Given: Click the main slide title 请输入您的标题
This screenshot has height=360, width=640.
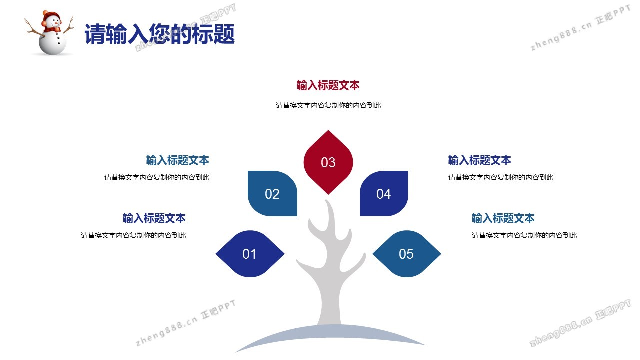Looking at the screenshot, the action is click(x=160, y=34).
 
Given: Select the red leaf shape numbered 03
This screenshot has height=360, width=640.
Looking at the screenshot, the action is click(x=328, y=162).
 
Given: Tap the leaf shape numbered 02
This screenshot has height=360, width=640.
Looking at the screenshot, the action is click(x=272, y=193).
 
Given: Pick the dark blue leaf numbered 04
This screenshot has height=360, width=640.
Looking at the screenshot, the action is click(x=384, y=193).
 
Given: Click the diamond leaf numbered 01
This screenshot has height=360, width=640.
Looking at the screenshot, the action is click(x=250, y=254).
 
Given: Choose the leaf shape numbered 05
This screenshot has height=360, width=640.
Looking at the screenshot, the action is click(x=407, y=254).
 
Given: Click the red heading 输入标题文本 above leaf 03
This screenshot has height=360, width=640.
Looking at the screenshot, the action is click(x=328, y=85).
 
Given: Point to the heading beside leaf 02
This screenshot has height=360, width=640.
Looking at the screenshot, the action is click(x=177, y=160).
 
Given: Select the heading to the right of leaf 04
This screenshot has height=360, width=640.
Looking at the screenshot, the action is click(x=479, y=160).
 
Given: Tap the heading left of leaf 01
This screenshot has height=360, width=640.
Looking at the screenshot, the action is click(x=154, y=218).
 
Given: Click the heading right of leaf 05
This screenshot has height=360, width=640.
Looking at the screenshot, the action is click(x=503, y=218).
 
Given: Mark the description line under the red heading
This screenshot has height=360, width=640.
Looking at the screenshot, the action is click(x=328, y=105).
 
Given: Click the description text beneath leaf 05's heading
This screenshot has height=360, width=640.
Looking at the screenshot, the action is click(x=524, y=235).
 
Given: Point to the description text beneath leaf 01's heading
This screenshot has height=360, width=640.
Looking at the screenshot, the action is click(x=133, y=235).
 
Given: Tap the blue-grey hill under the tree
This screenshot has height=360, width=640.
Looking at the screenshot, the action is click(x=330, y=334).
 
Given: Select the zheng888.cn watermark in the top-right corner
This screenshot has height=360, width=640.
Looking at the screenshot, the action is click(x=580, y=28).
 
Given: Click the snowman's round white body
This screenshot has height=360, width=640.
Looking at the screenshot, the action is click(x=52, y=43).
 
